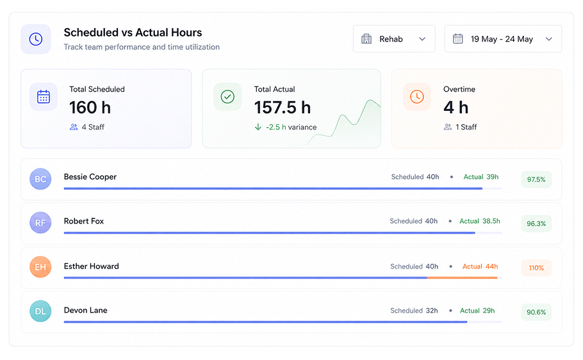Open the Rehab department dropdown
tap(394, 38)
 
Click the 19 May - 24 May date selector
tap(503, 38)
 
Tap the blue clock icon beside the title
tap(36, 39)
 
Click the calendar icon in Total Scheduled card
tap(44, 97)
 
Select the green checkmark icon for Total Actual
tap(227, 97)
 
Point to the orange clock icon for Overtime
tap(417, 97)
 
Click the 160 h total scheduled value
tap(90, 108)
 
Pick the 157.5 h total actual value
tap(282, 108)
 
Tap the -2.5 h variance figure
tap(276, 127)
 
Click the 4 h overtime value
tap(456, 108)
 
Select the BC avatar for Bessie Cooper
tap(40, 179)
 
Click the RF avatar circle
tap(40, 223)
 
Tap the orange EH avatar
tap(40, 267)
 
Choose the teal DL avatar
tap(40, 311)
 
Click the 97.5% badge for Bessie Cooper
tap(536, 179)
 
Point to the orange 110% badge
tap(536, 268)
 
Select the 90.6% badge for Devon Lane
tap(536, 312)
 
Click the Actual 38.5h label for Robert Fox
tap(480, 221)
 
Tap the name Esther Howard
tap(92, 266)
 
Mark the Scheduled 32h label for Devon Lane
tap(414, 311)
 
